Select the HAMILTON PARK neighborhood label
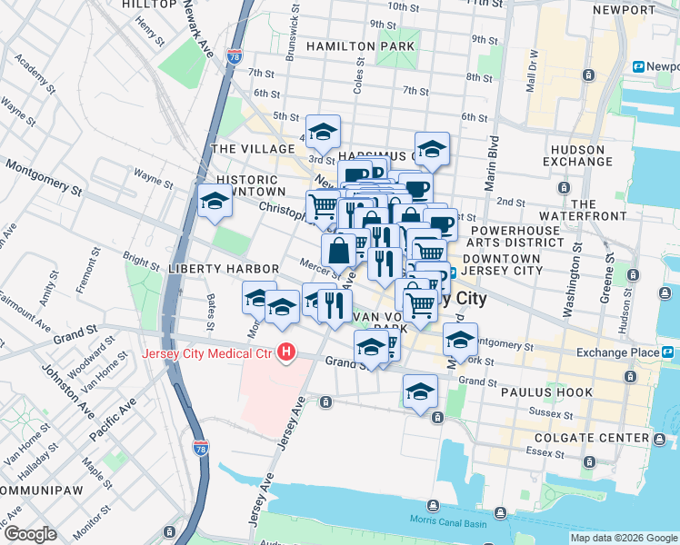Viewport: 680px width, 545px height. pyautogui.click(x=361, y=45)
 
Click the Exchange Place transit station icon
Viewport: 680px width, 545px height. pyautogui.click(x=668, y=352)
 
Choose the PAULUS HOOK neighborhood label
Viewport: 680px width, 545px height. pyautogui.click(x=545, y=392)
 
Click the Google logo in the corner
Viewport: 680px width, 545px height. pyautogui.click(x=30, y=533)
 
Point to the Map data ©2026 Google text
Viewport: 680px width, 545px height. pyautogui.click(x=624, y=538)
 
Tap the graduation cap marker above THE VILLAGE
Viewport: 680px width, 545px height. pyautogui.click(x=323, y=133)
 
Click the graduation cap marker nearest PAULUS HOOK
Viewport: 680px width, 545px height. pyautogui.click(x=421, y=391)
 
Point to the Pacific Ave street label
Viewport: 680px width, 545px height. pyautogui.click(x=112, y=419)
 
